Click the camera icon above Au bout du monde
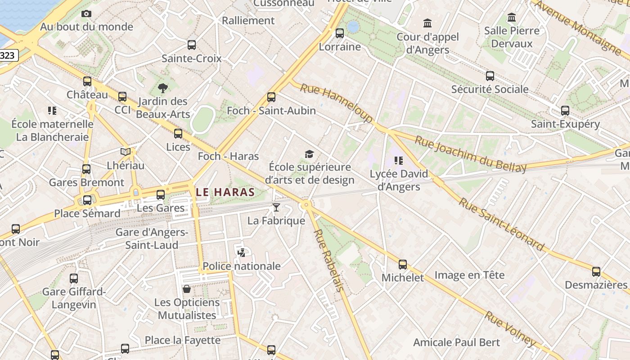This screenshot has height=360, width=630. [86, 14]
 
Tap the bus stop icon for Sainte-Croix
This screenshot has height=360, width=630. [192, 45]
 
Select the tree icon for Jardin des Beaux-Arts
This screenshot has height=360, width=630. [163, 88]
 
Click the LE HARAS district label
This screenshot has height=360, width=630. [225, 192]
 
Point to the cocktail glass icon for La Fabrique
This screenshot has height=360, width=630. [276, 207]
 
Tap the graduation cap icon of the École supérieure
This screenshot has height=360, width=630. [309, 154]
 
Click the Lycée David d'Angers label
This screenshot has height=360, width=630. [399, 180]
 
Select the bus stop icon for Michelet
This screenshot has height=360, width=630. [403, 265]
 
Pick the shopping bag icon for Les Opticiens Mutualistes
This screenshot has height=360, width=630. [187, 289]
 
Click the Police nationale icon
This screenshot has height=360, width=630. [241, 253]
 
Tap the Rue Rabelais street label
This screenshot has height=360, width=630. [328, 260]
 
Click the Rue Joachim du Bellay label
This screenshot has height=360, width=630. [470, 154]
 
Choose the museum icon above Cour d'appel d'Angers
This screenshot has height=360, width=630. [427, 23]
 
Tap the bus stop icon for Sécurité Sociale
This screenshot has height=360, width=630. [490, 76]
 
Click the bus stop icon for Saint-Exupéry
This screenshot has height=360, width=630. [565, 111]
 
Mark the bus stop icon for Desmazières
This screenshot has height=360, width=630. [596, 272]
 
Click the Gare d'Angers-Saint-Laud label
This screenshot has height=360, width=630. [152, 238]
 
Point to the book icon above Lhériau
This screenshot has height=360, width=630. [126, 152]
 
